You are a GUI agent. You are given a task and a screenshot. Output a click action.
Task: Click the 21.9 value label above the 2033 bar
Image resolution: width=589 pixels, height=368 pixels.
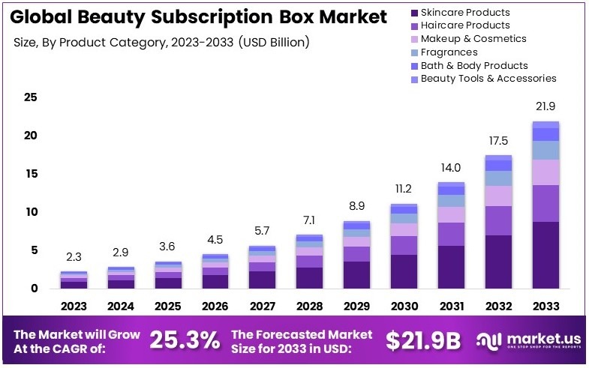(x=545, y=107)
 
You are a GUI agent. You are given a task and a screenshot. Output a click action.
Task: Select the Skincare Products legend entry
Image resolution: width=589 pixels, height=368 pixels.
(x=464, y=12)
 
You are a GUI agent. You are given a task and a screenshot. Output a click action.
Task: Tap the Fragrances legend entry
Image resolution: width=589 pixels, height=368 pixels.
(x=449, y=52)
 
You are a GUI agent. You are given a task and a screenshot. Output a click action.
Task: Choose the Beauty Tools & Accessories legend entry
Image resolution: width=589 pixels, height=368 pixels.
(x=488, y=78)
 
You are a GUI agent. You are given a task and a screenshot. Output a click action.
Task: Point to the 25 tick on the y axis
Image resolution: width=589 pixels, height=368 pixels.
(x=31, y=97)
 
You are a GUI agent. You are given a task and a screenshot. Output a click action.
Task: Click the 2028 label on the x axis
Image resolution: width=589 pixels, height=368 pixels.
(x=310, y=306)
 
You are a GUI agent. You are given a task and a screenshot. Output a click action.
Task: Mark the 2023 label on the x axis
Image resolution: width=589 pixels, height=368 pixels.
(x=74, y=306)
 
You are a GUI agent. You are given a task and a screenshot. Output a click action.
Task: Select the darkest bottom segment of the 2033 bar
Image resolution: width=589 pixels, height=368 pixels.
(x=545, y=255)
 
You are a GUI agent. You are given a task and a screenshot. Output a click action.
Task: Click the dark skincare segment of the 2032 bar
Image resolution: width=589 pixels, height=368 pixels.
(x=498, y=262)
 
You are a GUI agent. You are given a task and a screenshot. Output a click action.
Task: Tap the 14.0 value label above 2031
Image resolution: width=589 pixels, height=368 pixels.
(x=451, y=168)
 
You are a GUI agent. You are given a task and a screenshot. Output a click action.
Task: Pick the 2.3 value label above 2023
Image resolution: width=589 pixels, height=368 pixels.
(x=74, y=257)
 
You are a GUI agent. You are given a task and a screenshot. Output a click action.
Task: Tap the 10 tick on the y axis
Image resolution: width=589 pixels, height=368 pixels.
(x=31, y=212)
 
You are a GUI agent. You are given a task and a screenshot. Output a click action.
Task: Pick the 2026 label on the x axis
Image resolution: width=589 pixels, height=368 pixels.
(x=215, y=306)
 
